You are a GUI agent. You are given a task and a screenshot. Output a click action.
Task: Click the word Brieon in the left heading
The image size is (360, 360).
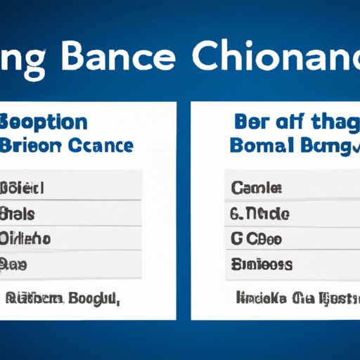click(36, 146)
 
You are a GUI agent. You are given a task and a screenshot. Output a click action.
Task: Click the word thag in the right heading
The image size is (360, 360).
click(330, 121)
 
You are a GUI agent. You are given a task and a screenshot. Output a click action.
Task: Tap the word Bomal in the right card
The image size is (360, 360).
click(260, 146)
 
